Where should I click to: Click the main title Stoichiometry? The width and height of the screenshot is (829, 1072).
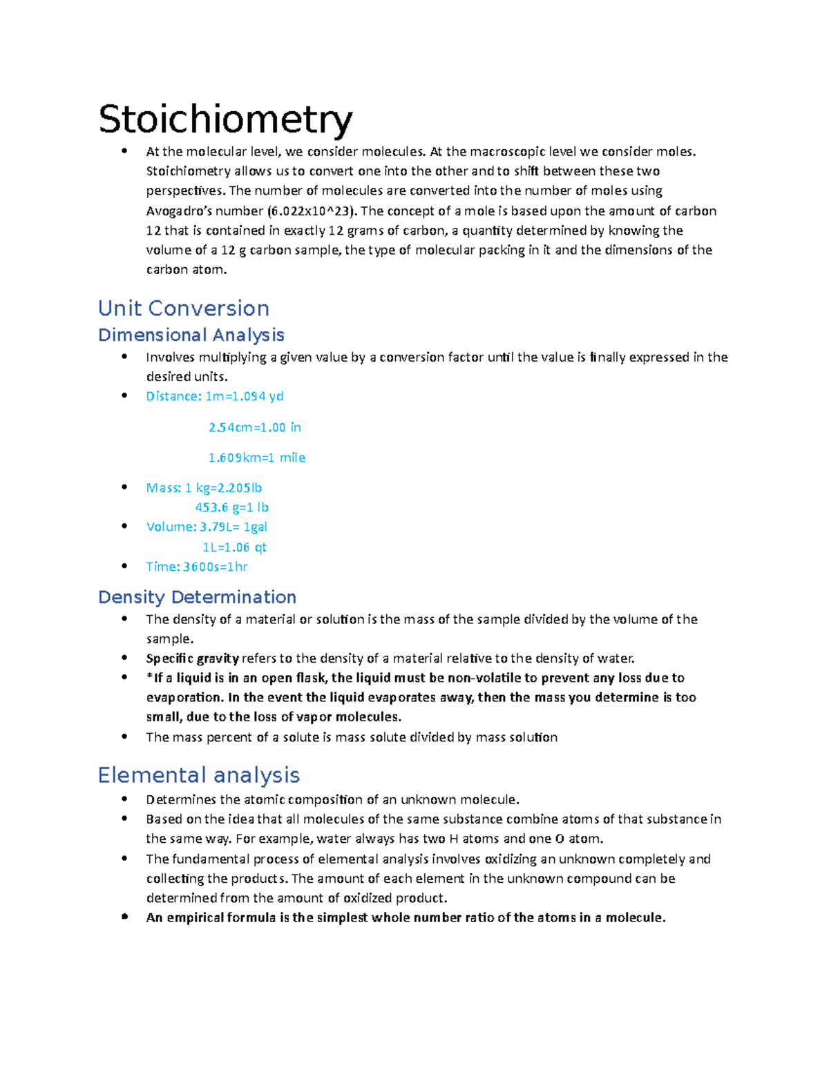[225, 119]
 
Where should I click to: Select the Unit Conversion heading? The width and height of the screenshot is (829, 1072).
[184, 308]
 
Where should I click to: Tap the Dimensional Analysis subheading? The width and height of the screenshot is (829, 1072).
[191, 335]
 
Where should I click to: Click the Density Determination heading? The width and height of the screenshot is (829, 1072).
[197, 596]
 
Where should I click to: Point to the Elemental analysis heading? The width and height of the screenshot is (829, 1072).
[199, 774]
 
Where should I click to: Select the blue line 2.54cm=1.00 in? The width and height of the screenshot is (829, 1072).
[255, 427]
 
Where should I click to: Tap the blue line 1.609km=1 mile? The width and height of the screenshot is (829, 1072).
[257, 458]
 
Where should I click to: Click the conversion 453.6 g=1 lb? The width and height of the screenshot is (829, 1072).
[232, 507]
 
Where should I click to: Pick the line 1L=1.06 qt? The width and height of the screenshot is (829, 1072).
[234, 547]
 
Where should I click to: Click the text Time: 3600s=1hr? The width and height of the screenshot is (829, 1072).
[197, 567]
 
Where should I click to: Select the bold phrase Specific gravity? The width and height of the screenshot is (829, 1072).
[192, 659]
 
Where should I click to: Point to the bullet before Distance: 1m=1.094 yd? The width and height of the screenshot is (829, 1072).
[124, 396]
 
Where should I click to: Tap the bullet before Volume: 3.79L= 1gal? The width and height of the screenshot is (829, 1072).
[124, 526]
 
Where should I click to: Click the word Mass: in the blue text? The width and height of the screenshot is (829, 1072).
[164, 488]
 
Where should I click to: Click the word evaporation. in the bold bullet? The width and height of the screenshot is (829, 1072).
[184, 698]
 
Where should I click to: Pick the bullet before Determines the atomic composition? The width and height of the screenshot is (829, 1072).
[124, 799]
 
